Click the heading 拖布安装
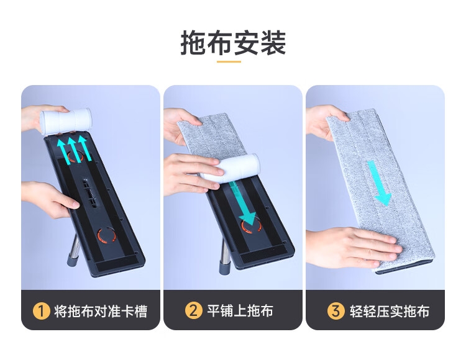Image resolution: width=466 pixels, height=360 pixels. [x=233, y=43]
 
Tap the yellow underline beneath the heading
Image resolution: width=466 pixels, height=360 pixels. [x=229, y=61]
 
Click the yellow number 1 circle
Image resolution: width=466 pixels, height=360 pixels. [x=41, y=311]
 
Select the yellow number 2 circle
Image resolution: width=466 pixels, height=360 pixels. [x=193, y=311]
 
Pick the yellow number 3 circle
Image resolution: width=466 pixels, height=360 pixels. [x=336, y=311]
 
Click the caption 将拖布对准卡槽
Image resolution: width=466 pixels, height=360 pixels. [x=101, y=312]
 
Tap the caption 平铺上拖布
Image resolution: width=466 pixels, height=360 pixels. [x=240, y=311]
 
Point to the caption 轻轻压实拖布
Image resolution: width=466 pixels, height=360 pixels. [x=390, y=312]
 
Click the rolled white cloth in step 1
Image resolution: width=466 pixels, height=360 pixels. [x=66, y=121]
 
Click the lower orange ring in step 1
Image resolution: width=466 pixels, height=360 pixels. [x=107, y=235]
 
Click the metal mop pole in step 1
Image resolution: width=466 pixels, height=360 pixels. [x=75, y=249]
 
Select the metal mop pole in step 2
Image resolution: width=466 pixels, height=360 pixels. [x=226, y=256]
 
